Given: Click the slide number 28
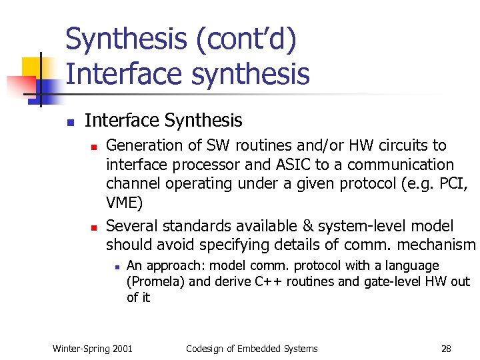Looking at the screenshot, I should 446,349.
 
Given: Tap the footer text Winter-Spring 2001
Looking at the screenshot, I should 93,349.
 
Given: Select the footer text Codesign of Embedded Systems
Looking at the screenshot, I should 252,349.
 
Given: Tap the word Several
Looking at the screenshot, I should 131,227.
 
